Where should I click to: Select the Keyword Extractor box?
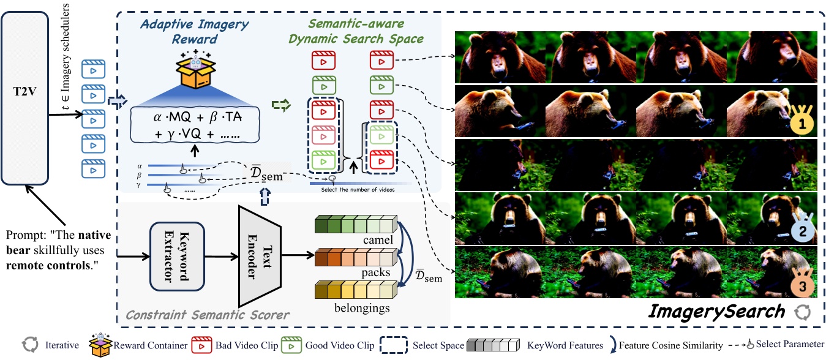coord(176,255)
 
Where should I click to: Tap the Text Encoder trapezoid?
coord(257,255)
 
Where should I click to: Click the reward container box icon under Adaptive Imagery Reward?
coord(193,73)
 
